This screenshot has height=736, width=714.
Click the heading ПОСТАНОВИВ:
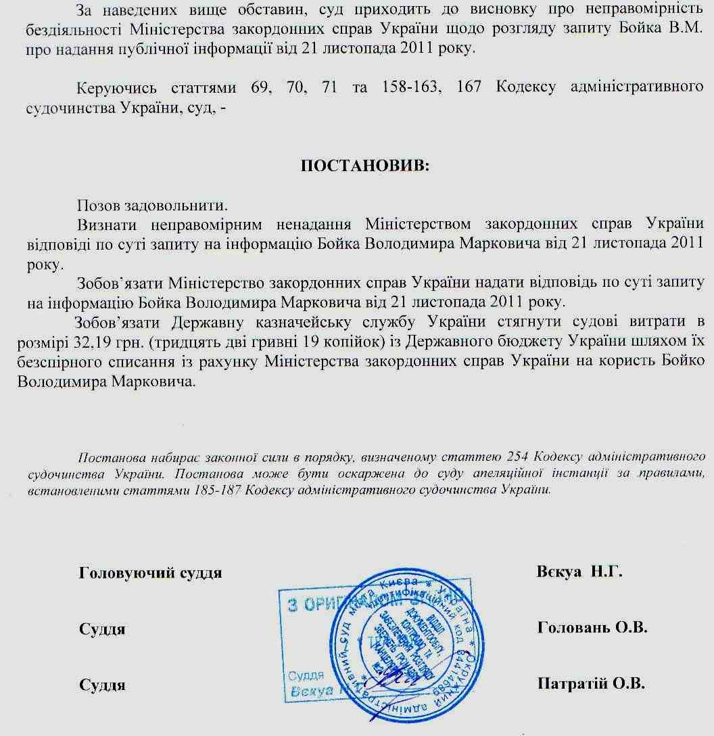[x=364, y=166]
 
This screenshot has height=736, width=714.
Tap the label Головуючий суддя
[x=150, y=573]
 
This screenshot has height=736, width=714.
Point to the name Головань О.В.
[x=592, y=628]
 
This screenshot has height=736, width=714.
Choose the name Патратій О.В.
[x=590, y=683]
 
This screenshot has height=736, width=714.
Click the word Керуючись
[x=117, y=88]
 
